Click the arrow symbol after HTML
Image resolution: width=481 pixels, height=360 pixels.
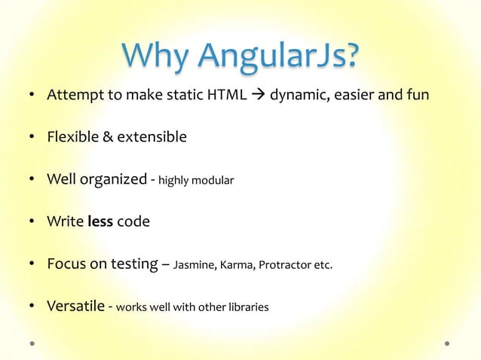(257, 96)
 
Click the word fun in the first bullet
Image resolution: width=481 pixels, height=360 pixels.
(417, 96)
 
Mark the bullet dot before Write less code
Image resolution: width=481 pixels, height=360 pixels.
(33, 222)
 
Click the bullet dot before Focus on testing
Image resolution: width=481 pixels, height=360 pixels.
(33, 264)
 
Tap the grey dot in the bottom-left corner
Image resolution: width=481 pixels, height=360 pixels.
(33, 343)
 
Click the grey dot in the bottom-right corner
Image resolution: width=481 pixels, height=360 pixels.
(447, 343)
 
